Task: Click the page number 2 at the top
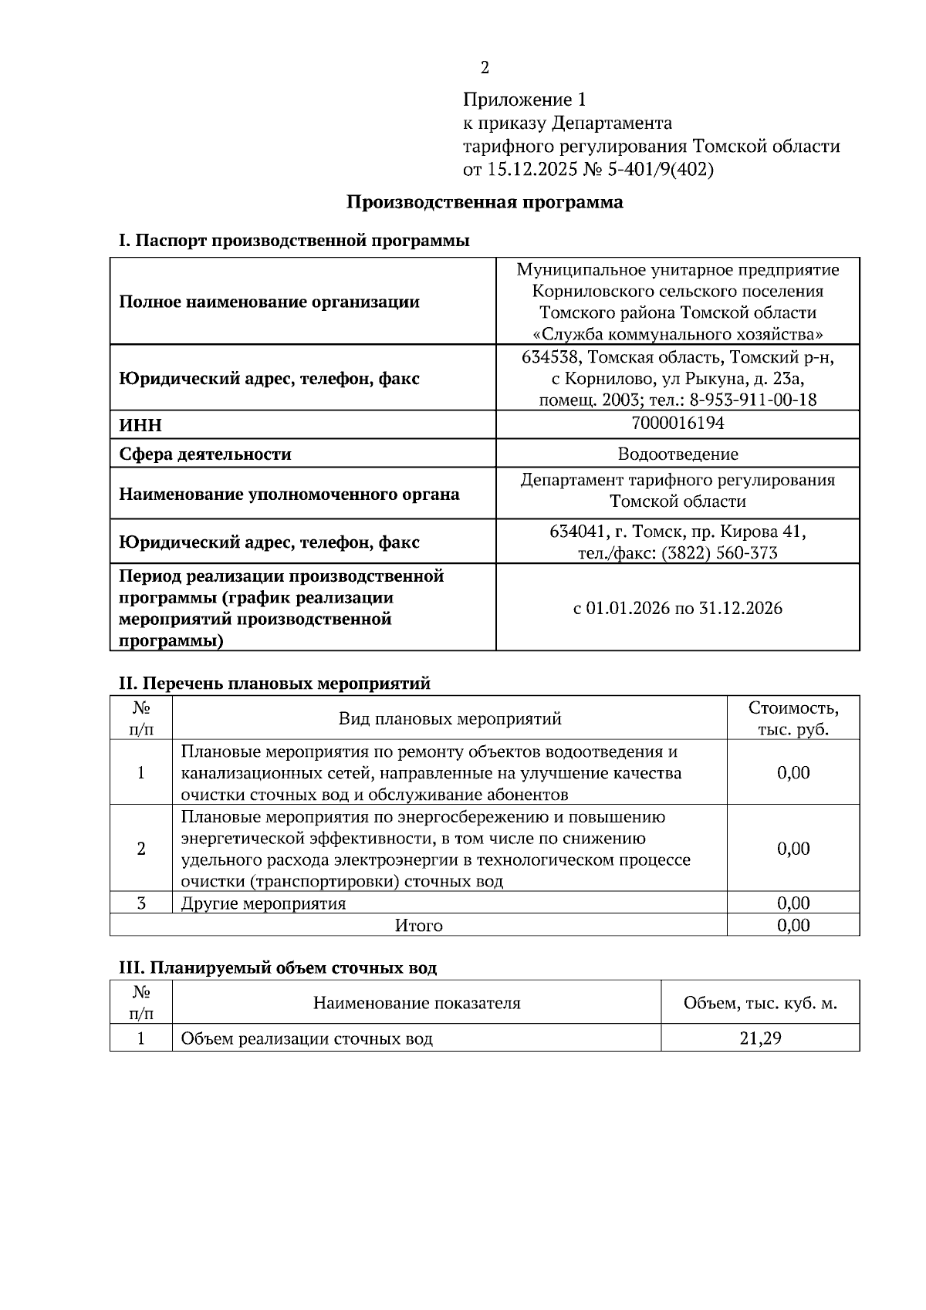(485, 68)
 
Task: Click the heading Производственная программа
(484, 203)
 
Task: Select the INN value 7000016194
(677, 423)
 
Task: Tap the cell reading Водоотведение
(677, 454)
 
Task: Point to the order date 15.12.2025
(532, 170)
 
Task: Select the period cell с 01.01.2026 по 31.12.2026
(677, 609)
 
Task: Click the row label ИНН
(140, 426)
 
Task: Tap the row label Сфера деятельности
(205, 454)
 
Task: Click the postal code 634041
(575, 532)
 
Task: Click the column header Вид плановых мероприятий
(450, 719)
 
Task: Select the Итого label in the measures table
(418, 925)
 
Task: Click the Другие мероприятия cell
(263, 903)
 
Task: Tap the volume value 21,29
(760, 1038)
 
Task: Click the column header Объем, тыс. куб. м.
(760, 1004)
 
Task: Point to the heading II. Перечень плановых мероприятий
(274, 684)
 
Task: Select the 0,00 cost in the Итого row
(793, 925)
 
